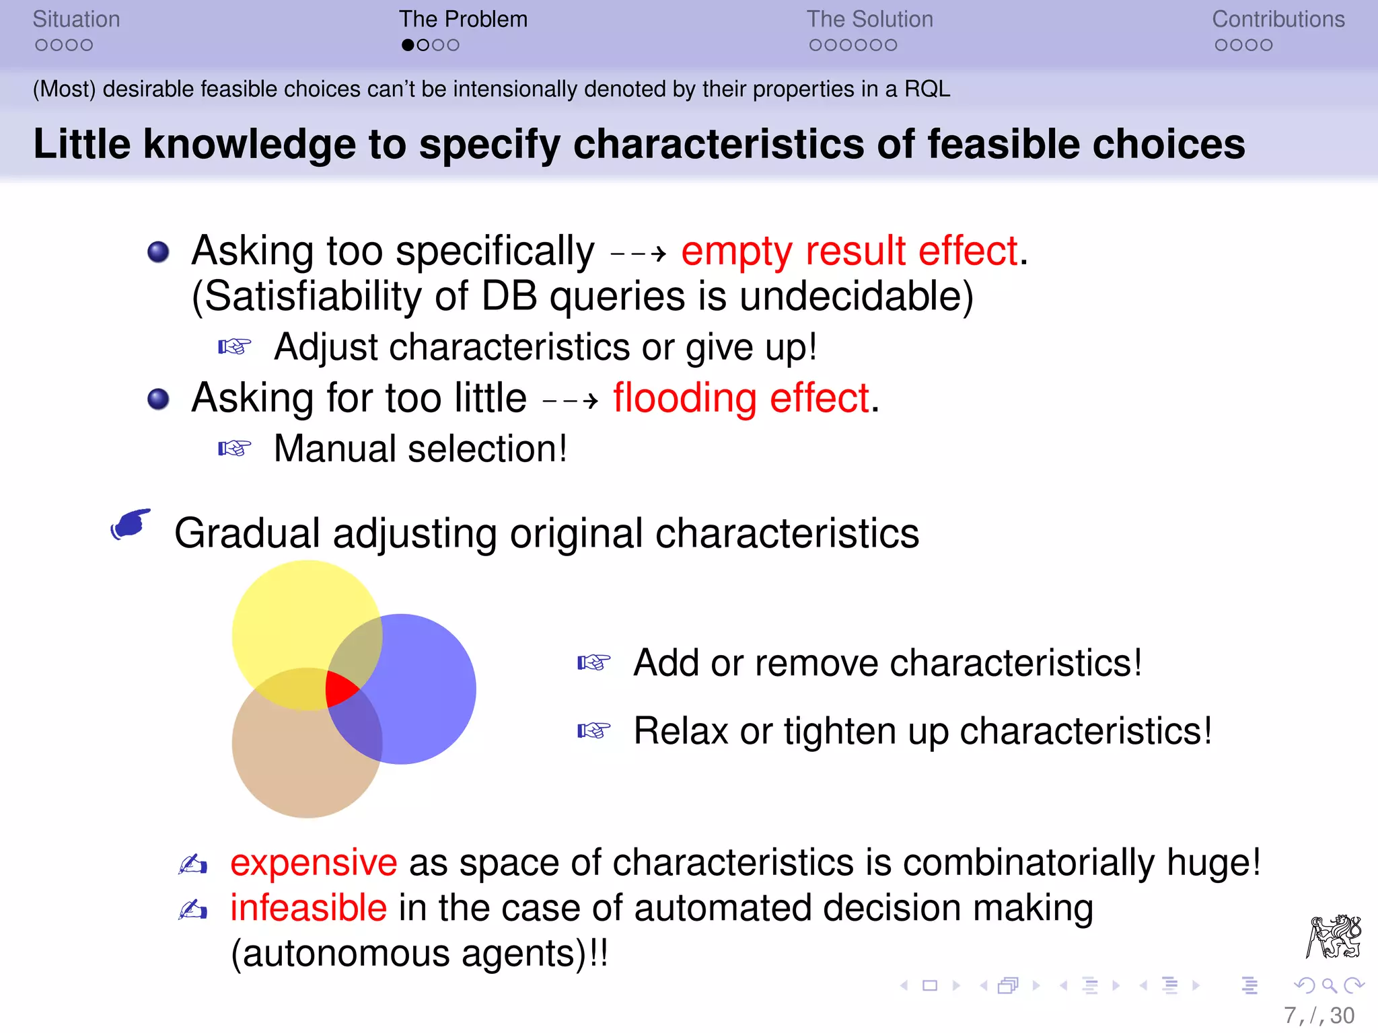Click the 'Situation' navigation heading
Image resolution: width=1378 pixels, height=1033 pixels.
click(76, 20)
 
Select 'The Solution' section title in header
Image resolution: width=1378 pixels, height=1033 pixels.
click(869, 20)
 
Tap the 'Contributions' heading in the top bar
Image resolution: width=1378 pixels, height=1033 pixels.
click(1278, 20)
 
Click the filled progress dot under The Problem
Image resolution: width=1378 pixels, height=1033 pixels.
click(408, 46)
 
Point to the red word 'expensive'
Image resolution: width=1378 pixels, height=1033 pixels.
click(314, 863)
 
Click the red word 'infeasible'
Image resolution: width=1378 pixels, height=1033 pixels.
click(308, 908)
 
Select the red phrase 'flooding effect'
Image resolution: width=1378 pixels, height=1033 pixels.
click(741, 398)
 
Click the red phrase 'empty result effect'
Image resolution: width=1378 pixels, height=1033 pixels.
click(850, 252)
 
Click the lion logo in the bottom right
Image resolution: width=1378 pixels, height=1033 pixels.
click(1334, 936)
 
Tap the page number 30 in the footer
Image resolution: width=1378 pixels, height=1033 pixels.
click(1342, 1016)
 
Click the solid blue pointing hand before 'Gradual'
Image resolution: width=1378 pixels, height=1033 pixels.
click(131, 525)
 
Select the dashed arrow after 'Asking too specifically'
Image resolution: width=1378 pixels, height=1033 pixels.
click(638, 254)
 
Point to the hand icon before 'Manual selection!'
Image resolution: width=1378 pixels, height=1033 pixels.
click(234, 449)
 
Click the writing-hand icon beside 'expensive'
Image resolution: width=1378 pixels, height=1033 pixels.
click(193, 864)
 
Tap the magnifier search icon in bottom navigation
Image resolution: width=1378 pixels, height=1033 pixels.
click(1329, 986)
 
